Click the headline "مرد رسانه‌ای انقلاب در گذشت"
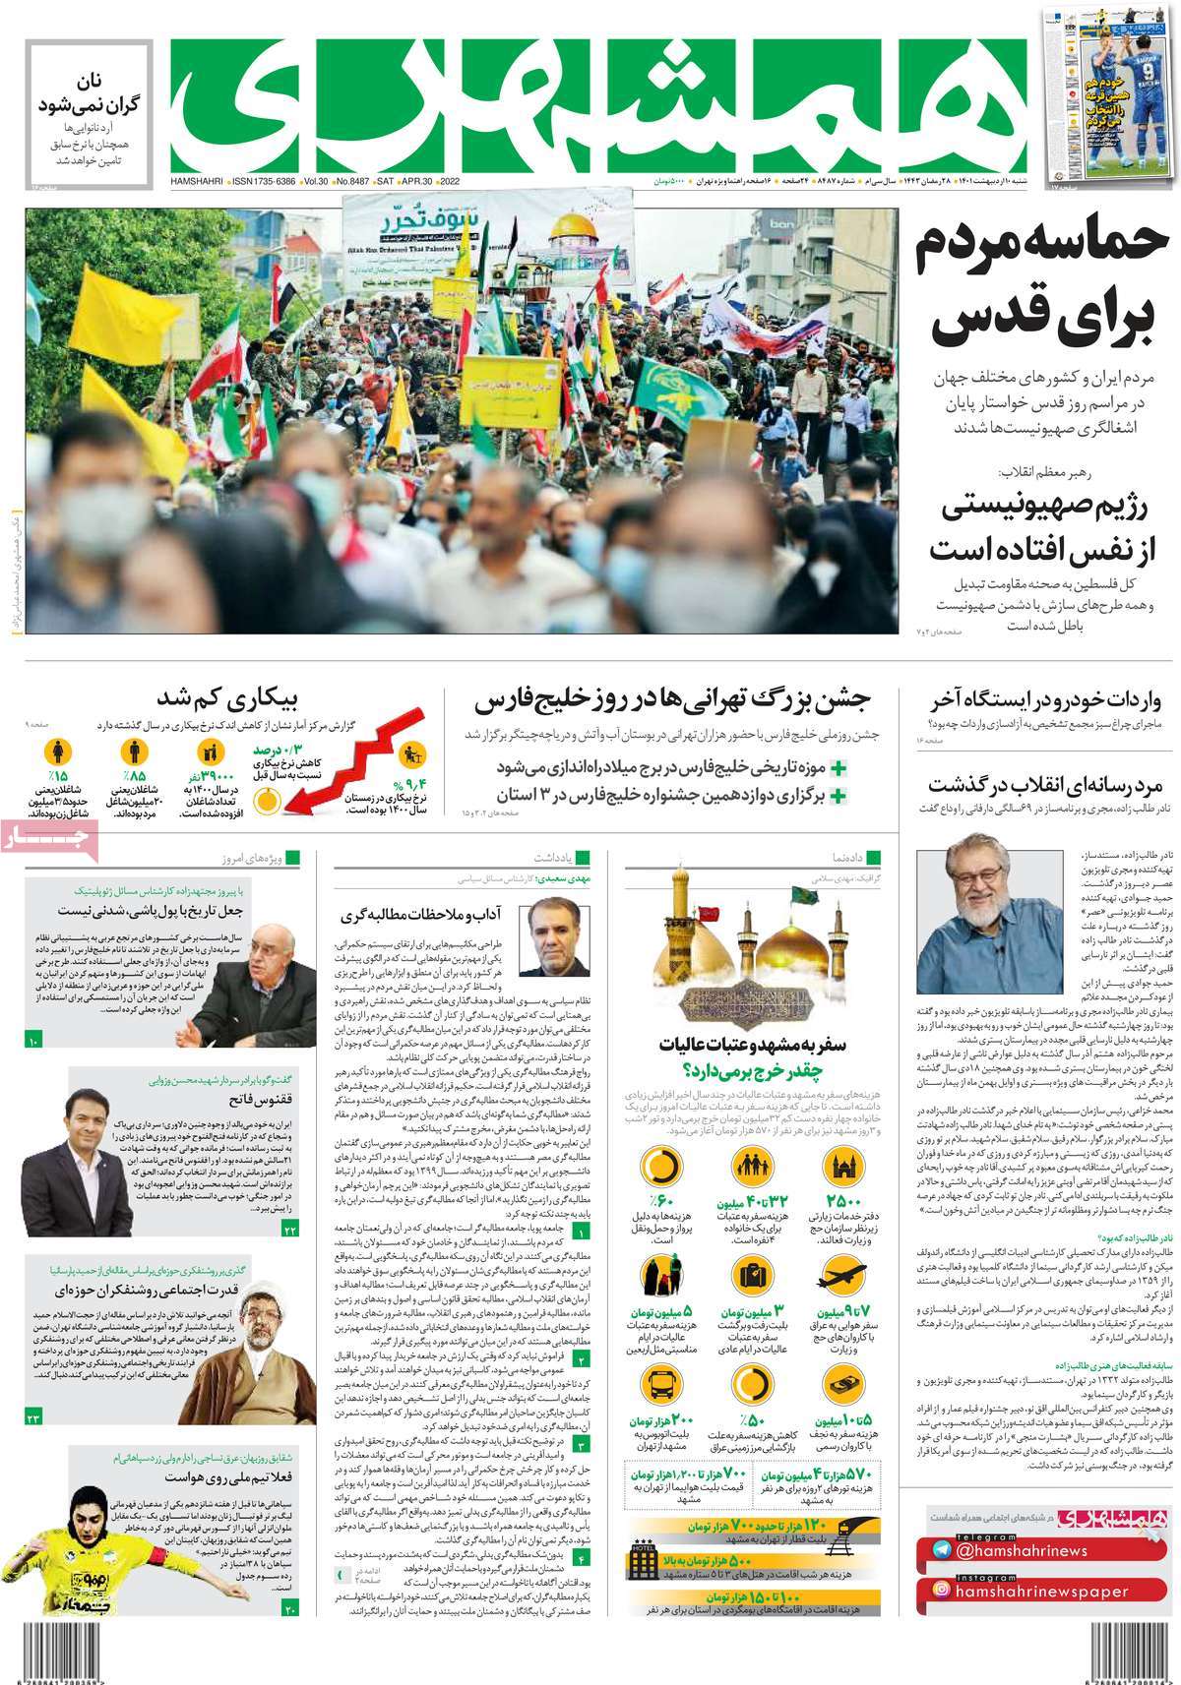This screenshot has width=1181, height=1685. (x=1047, y=785)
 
